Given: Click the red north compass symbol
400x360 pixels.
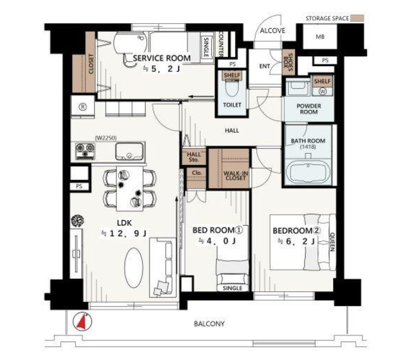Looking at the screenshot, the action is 82,321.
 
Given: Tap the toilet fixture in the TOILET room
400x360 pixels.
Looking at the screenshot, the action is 232,87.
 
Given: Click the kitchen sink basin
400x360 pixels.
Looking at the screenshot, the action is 129,151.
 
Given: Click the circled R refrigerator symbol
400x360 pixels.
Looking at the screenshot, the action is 83,107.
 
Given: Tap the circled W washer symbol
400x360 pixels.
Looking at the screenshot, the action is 322,91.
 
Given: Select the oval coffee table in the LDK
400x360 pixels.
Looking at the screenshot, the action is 134,267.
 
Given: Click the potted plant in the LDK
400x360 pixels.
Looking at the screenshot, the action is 77,221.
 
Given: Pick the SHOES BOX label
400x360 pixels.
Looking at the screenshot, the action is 288,62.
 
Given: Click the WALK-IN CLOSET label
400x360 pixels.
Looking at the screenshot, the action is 235,176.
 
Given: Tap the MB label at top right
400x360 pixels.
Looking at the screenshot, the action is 320,37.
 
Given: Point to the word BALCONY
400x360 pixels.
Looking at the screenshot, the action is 209,324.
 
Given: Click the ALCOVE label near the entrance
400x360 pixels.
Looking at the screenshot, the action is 272,31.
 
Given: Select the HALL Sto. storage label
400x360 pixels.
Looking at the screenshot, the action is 194,157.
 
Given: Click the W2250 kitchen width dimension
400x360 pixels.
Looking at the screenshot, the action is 106,138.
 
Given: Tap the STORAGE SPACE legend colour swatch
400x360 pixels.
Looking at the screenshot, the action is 357,18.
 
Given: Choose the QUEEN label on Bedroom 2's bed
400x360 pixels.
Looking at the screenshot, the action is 332,242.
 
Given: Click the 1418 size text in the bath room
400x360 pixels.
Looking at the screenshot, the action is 308,147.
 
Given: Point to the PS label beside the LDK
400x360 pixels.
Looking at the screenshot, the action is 79,186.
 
